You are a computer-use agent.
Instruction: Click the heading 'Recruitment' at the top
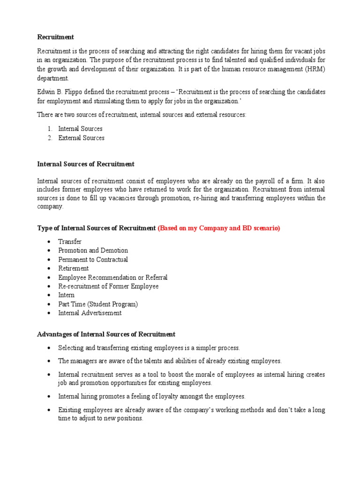click(55, 37)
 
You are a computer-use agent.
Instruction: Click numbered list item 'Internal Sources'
click(80, 128)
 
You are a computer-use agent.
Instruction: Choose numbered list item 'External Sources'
click(81, 138)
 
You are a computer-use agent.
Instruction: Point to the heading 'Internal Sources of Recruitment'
click(86, 164)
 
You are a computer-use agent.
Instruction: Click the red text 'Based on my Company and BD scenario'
click(219, 228)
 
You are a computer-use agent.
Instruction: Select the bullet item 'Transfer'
click(70, 242)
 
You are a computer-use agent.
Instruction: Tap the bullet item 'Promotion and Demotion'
click(93, 251)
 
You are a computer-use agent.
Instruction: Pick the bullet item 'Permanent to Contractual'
click(93, 260)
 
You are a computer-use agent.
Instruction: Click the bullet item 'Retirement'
click(73, 269)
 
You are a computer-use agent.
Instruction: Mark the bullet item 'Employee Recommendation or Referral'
click(112, 277)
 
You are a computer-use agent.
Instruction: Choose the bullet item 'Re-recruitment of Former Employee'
click(108, 286)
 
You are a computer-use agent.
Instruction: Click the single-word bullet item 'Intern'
click(66, 295)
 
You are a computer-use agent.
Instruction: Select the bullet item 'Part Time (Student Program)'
click(98, 304)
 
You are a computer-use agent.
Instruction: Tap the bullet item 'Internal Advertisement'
click(90, 313)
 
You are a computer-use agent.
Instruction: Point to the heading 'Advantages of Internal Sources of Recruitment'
click(106, 334)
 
